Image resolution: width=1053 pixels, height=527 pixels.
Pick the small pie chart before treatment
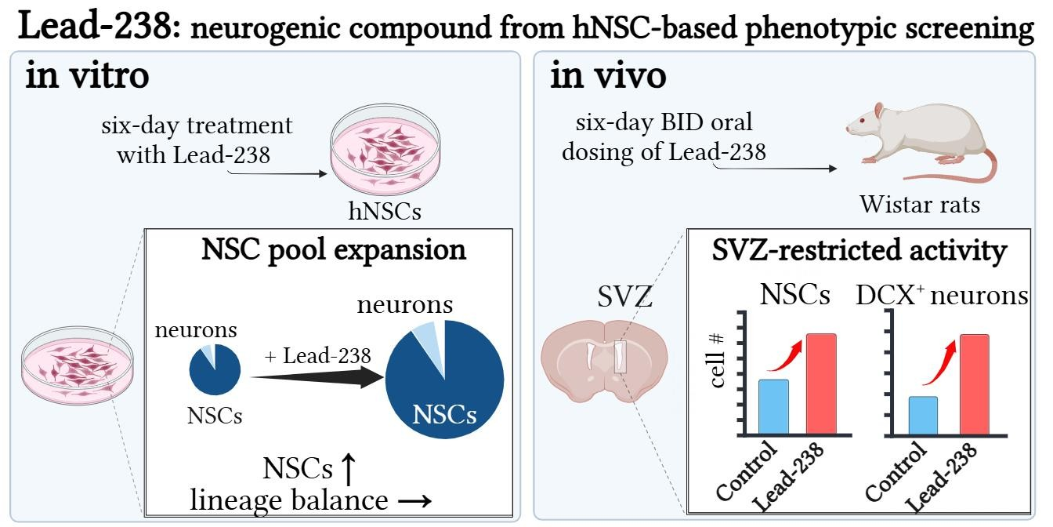(x=214, y=369)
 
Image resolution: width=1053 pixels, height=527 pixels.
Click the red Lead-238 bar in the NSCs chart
(x=821, y=383)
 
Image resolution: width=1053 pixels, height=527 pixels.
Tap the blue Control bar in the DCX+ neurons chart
(x=922, y=415)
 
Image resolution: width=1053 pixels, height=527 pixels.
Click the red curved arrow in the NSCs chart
(x=786, y=355)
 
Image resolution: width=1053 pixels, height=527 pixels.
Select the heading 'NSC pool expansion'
(x=334, y=250)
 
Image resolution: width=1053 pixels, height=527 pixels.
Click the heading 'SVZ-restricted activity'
(x=859, y=251)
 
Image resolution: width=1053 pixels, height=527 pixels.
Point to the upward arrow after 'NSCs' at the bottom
(x=349, y=469)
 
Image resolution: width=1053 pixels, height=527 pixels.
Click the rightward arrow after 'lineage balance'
(x=413, y=501)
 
